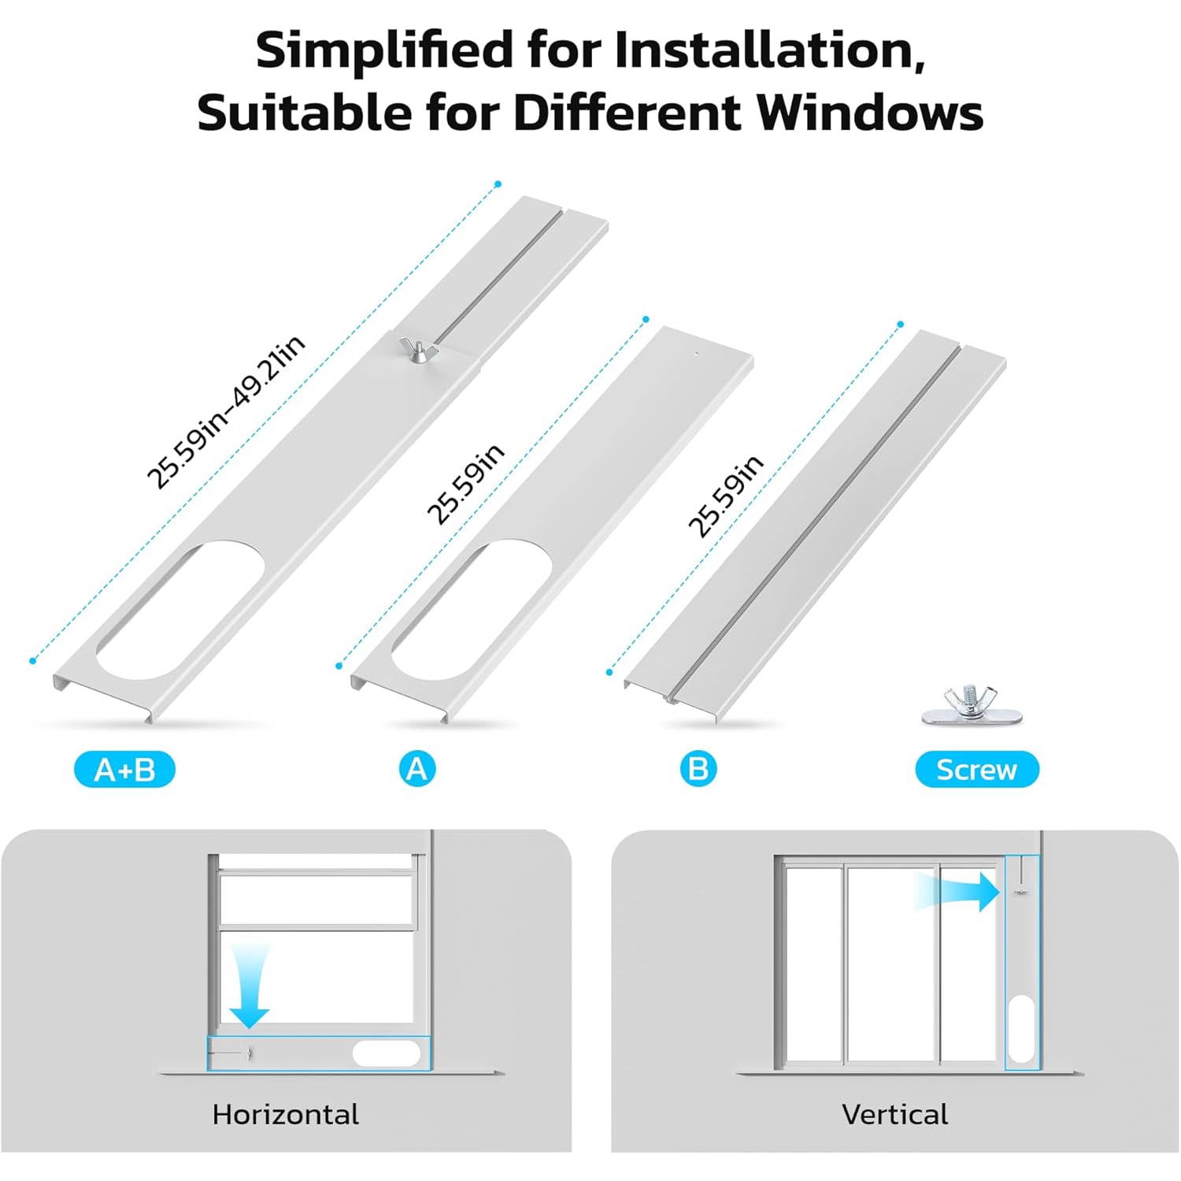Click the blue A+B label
coord(124,769)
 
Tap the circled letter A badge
coord(417,768)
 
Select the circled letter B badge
coord(698,768)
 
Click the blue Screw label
coord(977,769)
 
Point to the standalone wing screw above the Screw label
coord(972,706)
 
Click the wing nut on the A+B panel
coord(416,348)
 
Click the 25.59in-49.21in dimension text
coord(226,411)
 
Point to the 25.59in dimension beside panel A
coord(465,484)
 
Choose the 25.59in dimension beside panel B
coord(726,496)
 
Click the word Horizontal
coord(285,1114)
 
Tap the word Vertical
coord(894,1114)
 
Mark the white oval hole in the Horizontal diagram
coord(387,1053)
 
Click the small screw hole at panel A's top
coord(696,353)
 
